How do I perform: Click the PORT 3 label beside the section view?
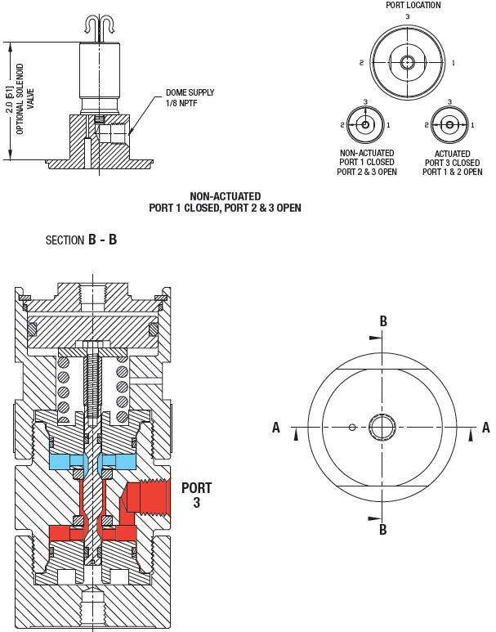pyautogui.click(x=196, y=495)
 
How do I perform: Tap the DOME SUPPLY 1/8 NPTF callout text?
pyautogui.click(x=190, y=96)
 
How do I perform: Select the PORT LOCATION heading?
pyautogui.click(x=413, y=5)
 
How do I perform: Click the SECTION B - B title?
pyautogui.click(x=82, y=240)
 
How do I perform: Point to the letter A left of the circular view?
pyautogui.click(x=276, y=427)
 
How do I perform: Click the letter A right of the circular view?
pyautogui.click(x=486, y=427)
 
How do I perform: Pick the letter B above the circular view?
pyautogui.click(x=382, y=320)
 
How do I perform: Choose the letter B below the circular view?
pyautogui.click(x=382, y=531)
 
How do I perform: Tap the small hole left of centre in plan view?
pyautogui.click(x=351, y=427)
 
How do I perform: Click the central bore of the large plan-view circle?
pyautogui.click(x=382, y=427)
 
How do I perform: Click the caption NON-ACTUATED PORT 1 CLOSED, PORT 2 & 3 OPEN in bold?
pyautogui.click(x=225, y=202)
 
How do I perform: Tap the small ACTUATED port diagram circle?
pyautogui.click(x=448, y=125)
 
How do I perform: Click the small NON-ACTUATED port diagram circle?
pyautogui.click(x=365, y=125)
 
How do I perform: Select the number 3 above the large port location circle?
pyautogui.click(x=407, y=16)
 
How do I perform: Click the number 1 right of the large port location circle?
pyautogui.click(x=454, y=62)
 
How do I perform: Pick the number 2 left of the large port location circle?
pyautogui.click(x=360, y=62)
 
